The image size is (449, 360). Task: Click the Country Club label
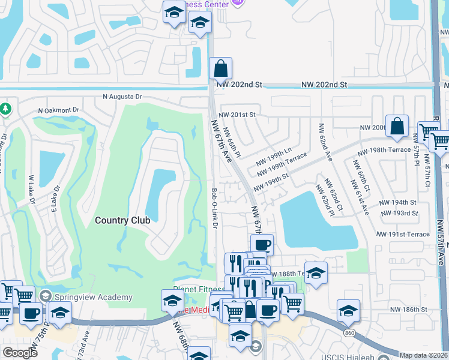coord(122,220)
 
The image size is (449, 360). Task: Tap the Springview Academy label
coord(92,297)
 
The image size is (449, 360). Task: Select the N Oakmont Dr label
coord(59,110)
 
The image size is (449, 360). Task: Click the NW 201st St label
coord(237,115)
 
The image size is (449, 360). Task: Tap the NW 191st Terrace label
coord(403,234)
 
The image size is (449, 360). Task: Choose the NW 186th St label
coord(406,309)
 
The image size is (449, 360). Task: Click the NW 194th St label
coord(399,203)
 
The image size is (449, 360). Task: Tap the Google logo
coord(20,353)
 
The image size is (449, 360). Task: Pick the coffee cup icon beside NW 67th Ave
coord(262,245)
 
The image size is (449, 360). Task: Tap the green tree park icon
coord(5,109)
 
